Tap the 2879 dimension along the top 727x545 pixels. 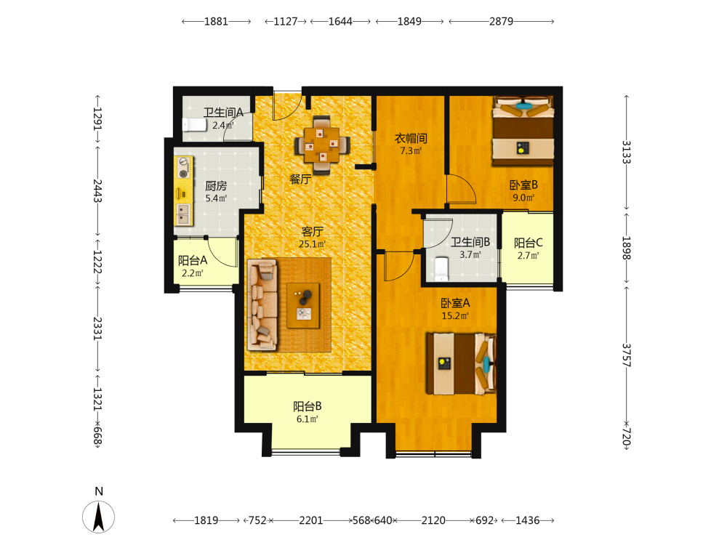pos(501,21)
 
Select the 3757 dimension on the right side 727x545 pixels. pos(627,355)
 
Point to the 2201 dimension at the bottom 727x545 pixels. pos(310,520)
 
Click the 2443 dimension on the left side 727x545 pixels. pos(97,190)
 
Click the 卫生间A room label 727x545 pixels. pos(223,112)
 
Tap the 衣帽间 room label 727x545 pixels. pos(411,138)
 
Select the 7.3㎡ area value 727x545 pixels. pos(411,150)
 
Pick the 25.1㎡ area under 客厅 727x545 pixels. pos(312,243)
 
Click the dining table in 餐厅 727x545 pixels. pos(322,145)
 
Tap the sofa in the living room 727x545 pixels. pos(263,304)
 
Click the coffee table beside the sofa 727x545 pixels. pos(303,306)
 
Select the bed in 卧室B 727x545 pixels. pos(523,131)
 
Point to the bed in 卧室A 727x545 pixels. pos(462,363)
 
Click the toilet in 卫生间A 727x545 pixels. pos(194,125)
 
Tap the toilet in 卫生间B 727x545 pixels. pos(441,270)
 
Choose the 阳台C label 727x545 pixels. pos(528,243)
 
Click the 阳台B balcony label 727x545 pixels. pos(307,406)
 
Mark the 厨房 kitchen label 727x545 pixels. pos(216,186)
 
